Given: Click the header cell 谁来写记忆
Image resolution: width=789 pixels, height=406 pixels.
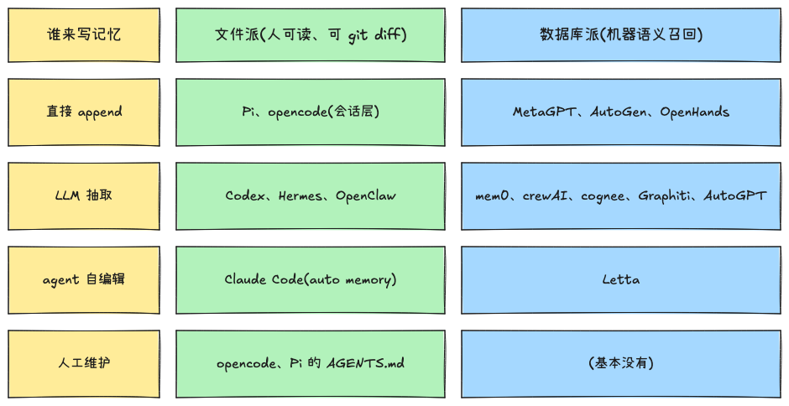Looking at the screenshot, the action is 84,35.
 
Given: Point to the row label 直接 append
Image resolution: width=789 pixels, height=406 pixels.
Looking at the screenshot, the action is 84,112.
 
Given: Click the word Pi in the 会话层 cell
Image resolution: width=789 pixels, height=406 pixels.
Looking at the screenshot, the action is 247,112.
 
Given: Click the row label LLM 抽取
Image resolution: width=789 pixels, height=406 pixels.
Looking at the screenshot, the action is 84,195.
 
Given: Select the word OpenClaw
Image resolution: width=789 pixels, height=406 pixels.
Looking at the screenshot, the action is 366,195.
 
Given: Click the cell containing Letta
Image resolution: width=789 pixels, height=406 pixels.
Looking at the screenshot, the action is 621,280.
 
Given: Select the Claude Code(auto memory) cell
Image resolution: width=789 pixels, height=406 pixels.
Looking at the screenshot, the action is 311,280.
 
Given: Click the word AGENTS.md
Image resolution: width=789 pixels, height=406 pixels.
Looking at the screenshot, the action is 365,363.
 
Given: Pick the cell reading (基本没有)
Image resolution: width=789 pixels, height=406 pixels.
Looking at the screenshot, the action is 621,364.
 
